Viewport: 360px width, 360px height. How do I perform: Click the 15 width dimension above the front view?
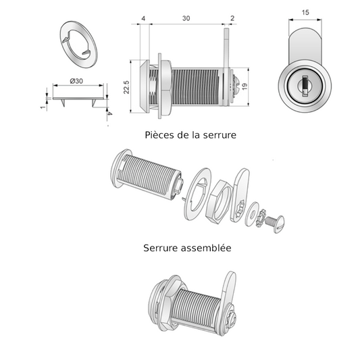(x=305, y=13)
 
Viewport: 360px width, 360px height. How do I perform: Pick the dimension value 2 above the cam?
(x=232, y=20)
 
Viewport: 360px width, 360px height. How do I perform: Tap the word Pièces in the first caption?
(x=159, y=134)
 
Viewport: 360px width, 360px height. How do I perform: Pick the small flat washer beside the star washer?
(x=253, y=209)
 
